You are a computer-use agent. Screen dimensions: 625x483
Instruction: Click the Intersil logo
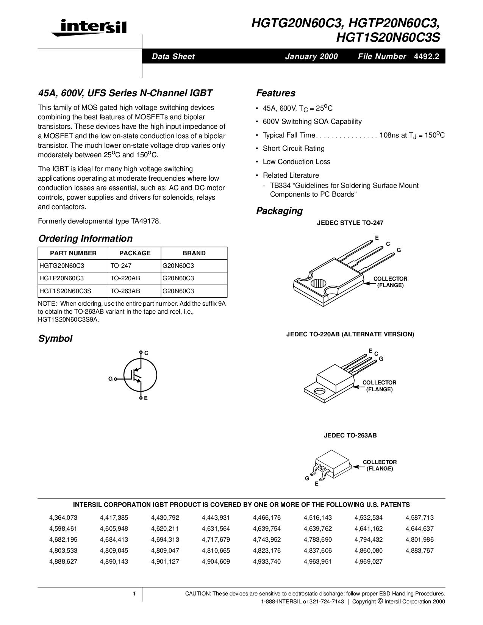pyautogui.click(x=89, y=28)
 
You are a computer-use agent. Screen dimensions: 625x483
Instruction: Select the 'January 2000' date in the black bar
pyautogui.click(x=311, y=57)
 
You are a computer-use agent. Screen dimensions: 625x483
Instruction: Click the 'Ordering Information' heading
pyautogui.click(x=86, y=239)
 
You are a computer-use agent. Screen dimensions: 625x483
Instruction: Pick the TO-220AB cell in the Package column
pyautogui.click(x=125, y=278)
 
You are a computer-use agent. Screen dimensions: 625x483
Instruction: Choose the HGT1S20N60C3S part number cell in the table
pyautogui.click(x=65, y=291)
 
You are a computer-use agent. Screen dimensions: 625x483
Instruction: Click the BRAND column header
pyautogui.click(x=194, y=253)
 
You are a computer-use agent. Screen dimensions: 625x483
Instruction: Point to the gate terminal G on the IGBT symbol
pyautogui.click(x=110, y=379)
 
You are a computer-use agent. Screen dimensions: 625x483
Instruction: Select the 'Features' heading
pyautogui.click(x=276, y=93)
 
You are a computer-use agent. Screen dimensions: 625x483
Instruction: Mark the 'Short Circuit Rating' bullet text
pyautogui.click(x=294, y=148)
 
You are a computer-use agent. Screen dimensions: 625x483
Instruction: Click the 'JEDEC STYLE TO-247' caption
pyautogui.click(x=350, y=223)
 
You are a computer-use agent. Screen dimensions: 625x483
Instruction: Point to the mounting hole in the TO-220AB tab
pyautogui.click(x=320, y=390)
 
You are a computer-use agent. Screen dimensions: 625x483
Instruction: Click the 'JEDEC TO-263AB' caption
pyautogui.click(x=350, y=436)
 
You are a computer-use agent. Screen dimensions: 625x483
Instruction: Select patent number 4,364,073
pyautogui.click(x=63, y=518)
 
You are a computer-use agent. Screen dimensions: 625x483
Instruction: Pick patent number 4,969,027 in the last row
pyautogui.click(x=369, y=562)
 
